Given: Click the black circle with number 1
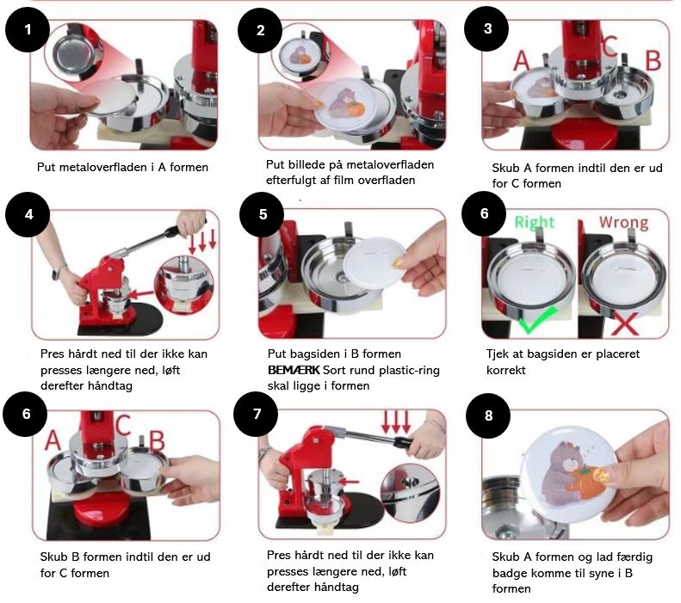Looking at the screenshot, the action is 28,29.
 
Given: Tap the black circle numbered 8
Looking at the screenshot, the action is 488,415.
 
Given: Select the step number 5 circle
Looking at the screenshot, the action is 263,214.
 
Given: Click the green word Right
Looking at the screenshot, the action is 535,222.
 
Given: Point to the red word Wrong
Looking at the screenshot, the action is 623,222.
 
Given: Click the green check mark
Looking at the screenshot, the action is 538,320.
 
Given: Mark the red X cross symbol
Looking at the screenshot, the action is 624,323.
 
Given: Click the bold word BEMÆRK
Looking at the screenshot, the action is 294,370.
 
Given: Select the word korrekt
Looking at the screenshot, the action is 506,371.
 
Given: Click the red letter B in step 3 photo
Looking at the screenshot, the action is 653,61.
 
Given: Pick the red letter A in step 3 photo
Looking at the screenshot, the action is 521,61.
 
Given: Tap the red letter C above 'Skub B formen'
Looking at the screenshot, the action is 122,425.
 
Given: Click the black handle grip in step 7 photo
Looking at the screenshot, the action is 403,442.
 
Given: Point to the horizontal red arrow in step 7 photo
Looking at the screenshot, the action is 350,482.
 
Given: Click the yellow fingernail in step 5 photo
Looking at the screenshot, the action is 398,263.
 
